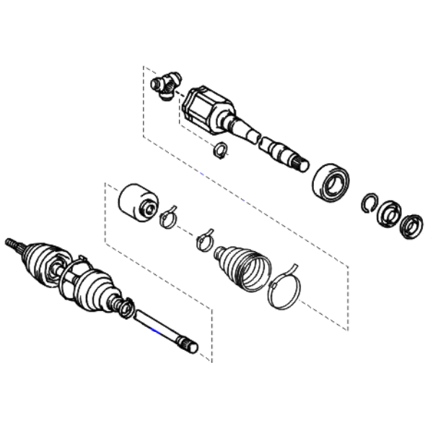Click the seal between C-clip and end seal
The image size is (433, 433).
(390, 212)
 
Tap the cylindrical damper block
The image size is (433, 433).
(136, 202)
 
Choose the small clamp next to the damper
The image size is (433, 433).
(168, 215)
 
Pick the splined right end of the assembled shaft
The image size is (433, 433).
(190, 347)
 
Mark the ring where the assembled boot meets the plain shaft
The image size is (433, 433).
(126, 309)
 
